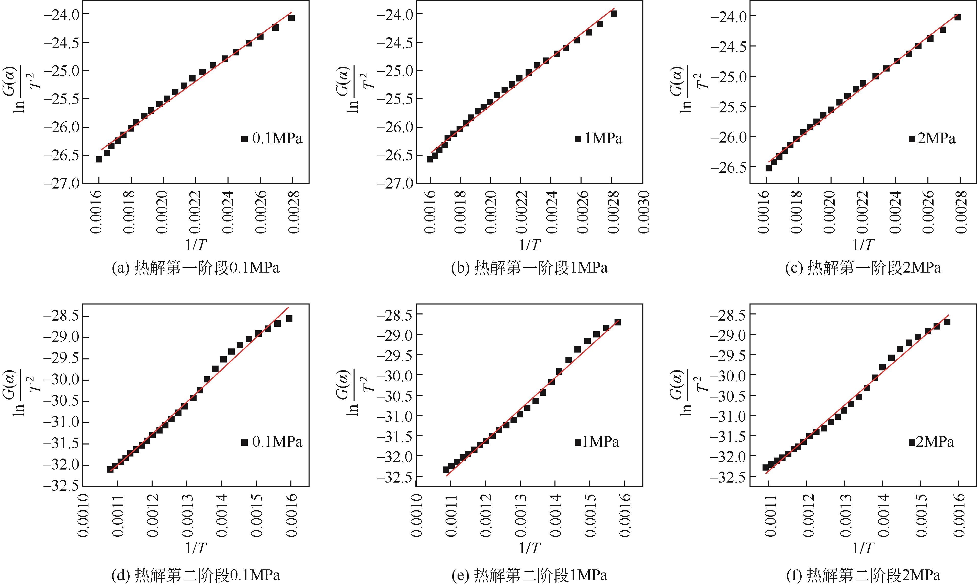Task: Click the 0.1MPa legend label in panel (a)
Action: click(277, 139)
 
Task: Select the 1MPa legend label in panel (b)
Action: click(603, 139)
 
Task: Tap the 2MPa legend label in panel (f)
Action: click(935, 442)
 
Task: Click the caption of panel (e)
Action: click(529, 575)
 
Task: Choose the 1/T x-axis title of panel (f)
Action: click(863, 548)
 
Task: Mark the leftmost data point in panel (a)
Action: click(99, 159)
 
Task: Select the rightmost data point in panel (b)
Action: click(614, 14)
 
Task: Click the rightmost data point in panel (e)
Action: click(618, 322)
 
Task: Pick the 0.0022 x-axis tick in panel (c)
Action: click(863, 212)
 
